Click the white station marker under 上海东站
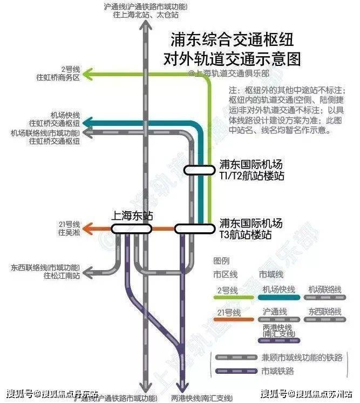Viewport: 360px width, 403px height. tap(131, 229)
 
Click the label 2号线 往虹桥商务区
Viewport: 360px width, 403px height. tap(70, 73)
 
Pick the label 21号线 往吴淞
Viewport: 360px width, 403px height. tap(70, 228)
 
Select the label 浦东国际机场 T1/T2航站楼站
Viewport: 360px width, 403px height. tap(251, 170)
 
